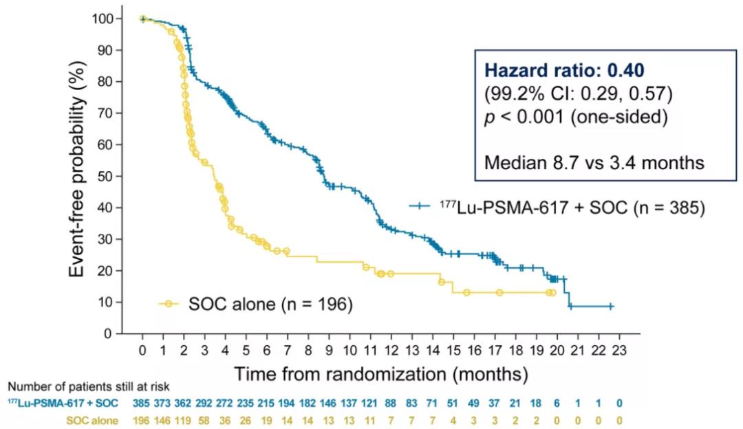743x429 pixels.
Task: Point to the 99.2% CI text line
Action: point(577,93)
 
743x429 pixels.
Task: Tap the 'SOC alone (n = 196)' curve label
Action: point(270,303)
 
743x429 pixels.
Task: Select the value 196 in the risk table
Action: point(142,419)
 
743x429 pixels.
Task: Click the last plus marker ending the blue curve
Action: point(610,307)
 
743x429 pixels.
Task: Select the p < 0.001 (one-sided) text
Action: point(577,117)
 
